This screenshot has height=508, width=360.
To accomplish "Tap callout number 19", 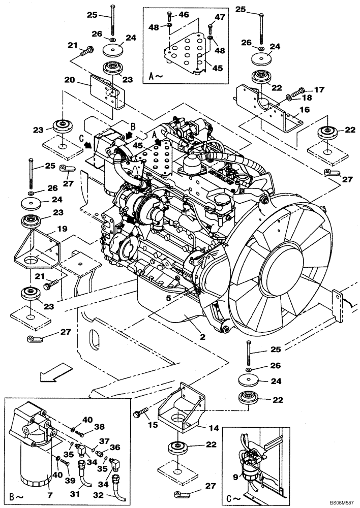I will (61, 229).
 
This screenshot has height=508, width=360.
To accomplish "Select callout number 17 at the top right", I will (319, 90).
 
